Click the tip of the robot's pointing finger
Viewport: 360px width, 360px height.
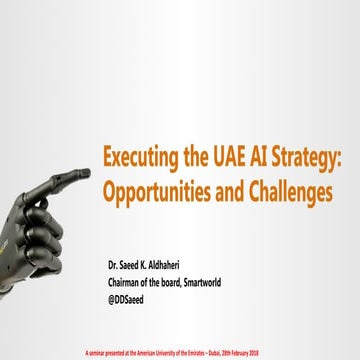tap(88, 174)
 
